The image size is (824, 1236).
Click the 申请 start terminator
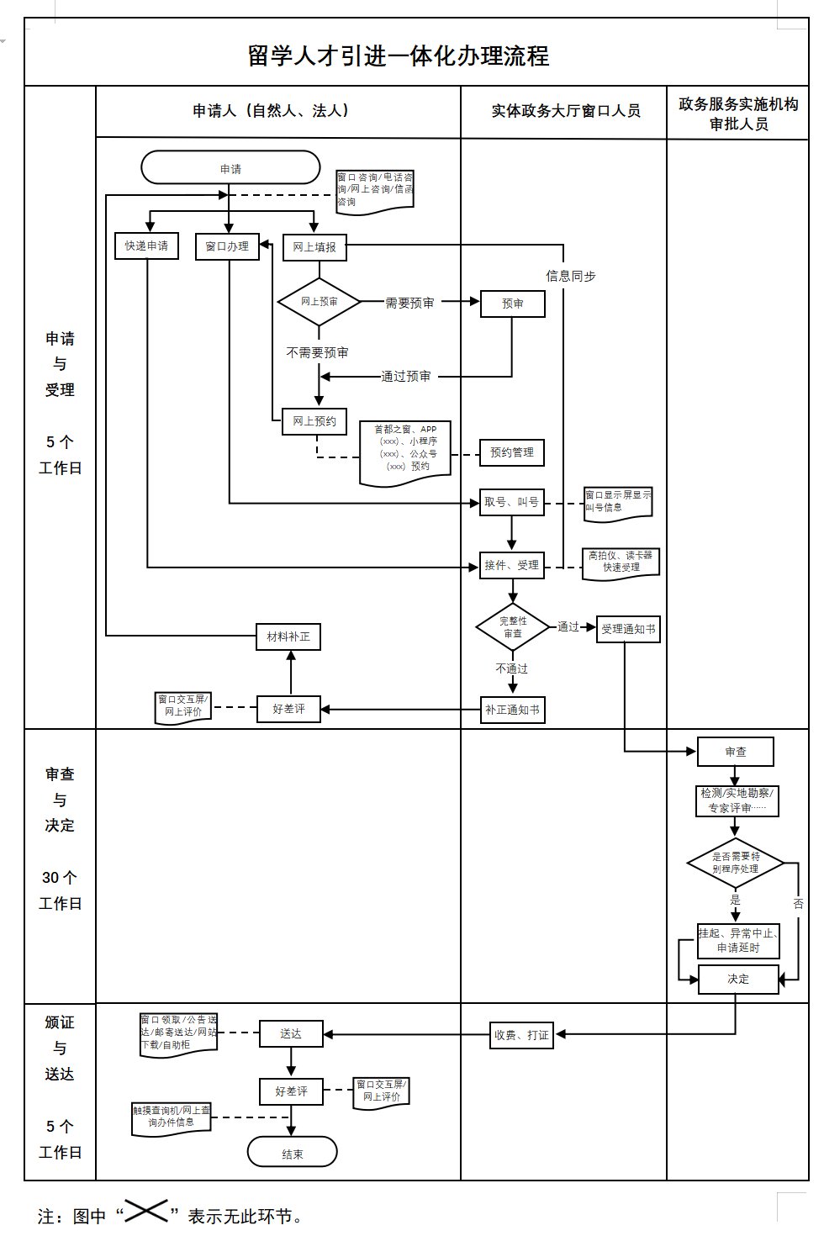(x=230, y=168)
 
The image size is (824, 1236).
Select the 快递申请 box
(x=146, y=246)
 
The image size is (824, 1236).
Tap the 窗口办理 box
(x=227, y=246)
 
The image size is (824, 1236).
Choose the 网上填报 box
(x=314, y=247)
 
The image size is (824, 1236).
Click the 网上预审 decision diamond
(x=319, y=302)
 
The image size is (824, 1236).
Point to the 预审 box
(x=512, y=304)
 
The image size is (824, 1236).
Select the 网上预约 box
(x=314, y=421)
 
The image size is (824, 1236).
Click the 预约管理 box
(x=512, y=452)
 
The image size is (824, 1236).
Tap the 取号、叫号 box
(x=511, y=503)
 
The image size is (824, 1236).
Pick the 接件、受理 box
(x=511, y=565)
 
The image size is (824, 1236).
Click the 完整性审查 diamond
(x=513, y=627)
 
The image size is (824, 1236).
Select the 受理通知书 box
(x=628, y=629)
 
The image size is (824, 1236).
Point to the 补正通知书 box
(x=512, y=710)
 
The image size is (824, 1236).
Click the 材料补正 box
(x=288, y=636)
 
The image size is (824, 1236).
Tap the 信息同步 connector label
(x=570, y=276)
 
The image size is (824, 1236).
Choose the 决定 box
(x=738, y=979)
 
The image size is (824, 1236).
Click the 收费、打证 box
(x=521, y=1035)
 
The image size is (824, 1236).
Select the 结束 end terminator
(x=292, y=1154)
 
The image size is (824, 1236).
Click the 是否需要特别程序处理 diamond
(x=736, y=863)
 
